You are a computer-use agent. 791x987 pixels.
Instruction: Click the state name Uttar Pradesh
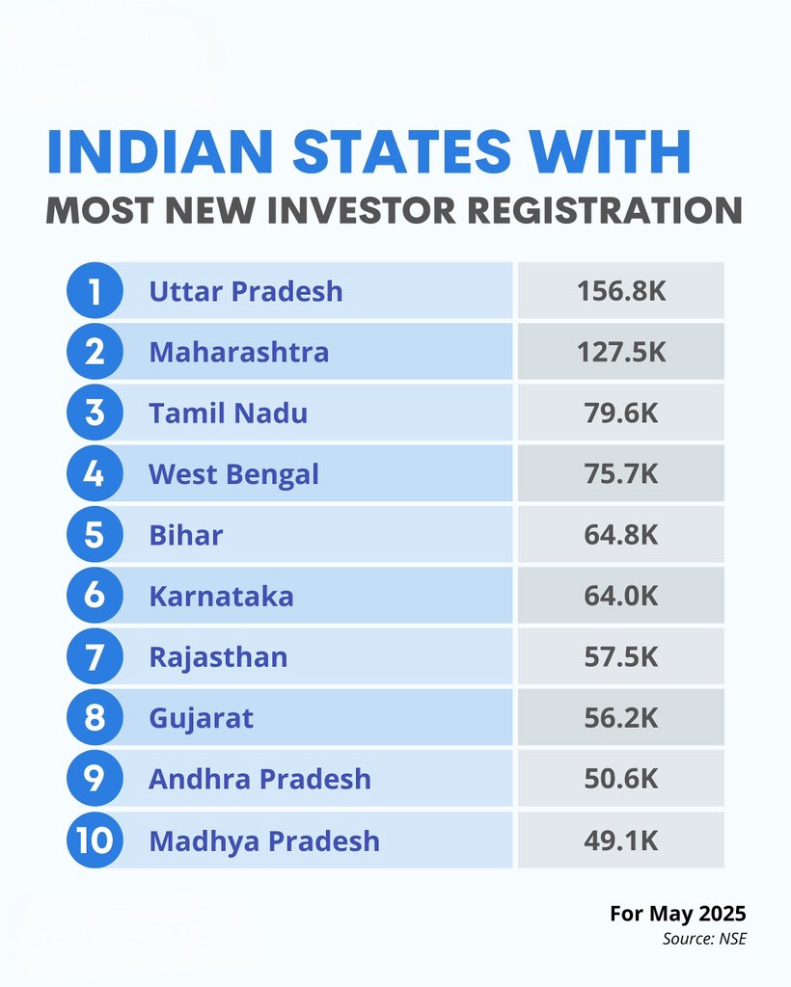pos(246,291)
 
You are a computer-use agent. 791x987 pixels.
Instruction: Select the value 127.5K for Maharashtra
pos(621,352)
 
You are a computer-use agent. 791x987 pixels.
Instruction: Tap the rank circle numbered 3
pos(95,413)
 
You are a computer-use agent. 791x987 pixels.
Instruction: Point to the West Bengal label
pos(233,474)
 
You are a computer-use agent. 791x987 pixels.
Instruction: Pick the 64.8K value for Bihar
pos(621,535)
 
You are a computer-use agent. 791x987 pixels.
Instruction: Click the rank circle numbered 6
pos(95,596)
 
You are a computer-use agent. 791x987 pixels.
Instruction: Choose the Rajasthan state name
pos(218,657)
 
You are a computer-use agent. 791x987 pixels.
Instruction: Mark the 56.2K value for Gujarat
pos(621,718)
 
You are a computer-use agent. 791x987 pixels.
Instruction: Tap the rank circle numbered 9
pos(95,779)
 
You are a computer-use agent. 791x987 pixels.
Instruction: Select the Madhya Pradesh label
pos(264,840)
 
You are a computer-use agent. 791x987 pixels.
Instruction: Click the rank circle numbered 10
pos(95,840)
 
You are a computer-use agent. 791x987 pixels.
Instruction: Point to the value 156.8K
pos(621,291)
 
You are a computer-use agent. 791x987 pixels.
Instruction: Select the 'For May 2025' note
pos(677,914)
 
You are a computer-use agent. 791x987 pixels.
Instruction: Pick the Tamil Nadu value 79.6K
pos(621,413)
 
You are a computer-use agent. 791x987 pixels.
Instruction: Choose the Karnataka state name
pos(221,596)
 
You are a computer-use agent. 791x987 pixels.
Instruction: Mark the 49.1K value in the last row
pos(621,840)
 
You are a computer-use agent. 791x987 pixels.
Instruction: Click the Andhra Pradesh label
pos(259,779)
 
